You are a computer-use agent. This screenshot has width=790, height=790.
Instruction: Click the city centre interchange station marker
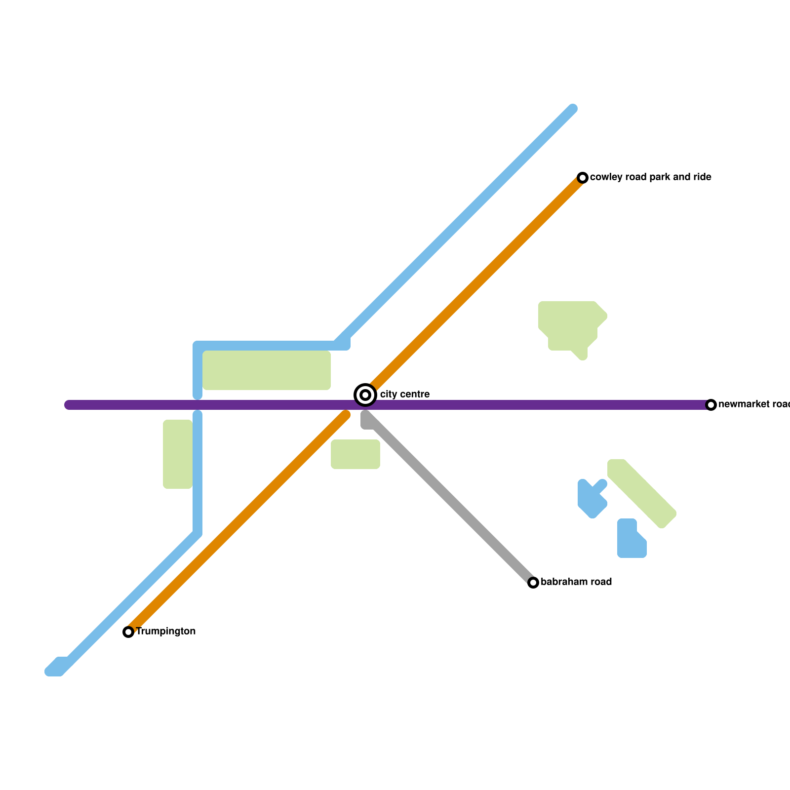pyautogui.click(x=365, y=395)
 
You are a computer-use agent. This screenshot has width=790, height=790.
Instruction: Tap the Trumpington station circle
pyautogui.click(x=128, y=632)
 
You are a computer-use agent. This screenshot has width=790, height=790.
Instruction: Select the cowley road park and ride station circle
pyautogui.click(x=583, y=177)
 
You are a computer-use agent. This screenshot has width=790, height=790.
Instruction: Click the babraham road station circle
pyautogui.click(x=533, y=583)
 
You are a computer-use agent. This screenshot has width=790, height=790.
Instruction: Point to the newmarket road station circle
pyautogui.click(x=711, y=405)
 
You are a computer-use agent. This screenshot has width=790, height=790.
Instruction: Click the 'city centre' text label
pyautogui.click(x=404, y=395)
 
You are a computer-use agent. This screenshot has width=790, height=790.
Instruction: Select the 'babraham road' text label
pyautogui.click(x=576, y=582)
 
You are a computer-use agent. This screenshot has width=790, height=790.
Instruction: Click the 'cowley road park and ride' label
pyautogui.click(x=650, y=177)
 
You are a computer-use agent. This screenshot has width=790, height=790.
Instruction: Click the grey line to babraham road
pyautogui.click(x=449, y=499)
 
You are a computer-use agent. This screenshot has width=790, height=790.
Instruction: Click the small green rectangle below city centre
pyautogui.click(x=355, y=454)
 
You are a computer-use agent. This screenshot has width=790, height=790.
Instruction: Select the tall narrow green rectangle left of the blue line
pyautogui.click(x=178, y=454)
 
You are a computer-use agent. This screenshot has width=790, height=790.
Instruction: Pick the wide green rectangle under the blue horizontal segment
pyautogui.click(x=267, y=370)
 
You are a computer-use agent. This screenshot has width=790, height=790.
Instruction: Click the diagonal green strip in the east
pyautogui.click(x=642, y=494)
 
